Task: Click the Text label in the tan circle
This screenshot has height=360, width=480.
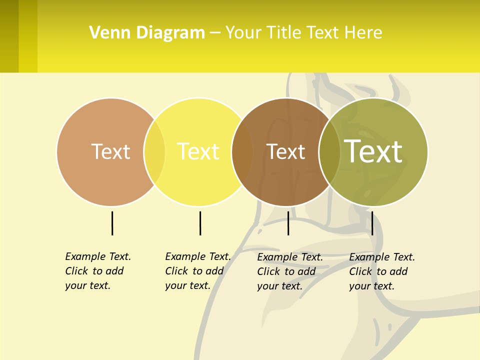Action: [x=110, y=151]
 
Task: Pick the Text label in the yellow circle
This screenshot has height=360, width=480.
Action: [x=198, y=151]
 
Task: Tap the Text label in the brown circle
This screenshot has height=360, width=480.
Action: [x=285, y=151]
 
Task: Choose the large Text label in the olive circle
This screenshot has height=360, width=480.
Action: [x=373, y=151]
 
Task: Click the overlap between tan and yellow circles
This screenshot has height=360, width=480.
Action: [x=154, y=152]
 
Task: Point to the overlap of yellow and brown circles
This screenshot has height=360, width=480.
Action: [x=242, y=152]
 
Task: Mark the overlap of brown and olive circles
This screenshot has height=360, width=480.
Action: [x=329, y=152]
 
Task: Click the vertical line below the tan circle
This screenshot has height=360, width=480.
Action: [x=112, y=223]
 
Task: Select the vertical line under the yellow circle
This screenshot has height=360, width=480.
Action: [x=200, y=223]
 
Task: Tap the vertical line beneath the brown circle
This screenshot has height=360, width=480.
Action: [x=288, y=223]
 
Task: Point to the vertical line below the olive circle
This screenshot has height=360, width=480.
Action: [x=372, y=223]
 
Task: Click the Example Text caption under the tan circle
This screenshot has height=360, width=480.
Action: [x=98, y=271]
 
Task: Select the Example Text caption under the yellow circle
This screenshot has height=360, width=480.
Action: [x=198, y=271]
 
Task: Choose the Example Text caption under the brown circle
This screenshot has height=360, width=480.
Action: [x=290, y=271]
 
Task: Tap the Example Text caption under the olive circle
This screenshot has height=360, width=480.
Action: [x=382, y=271]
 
